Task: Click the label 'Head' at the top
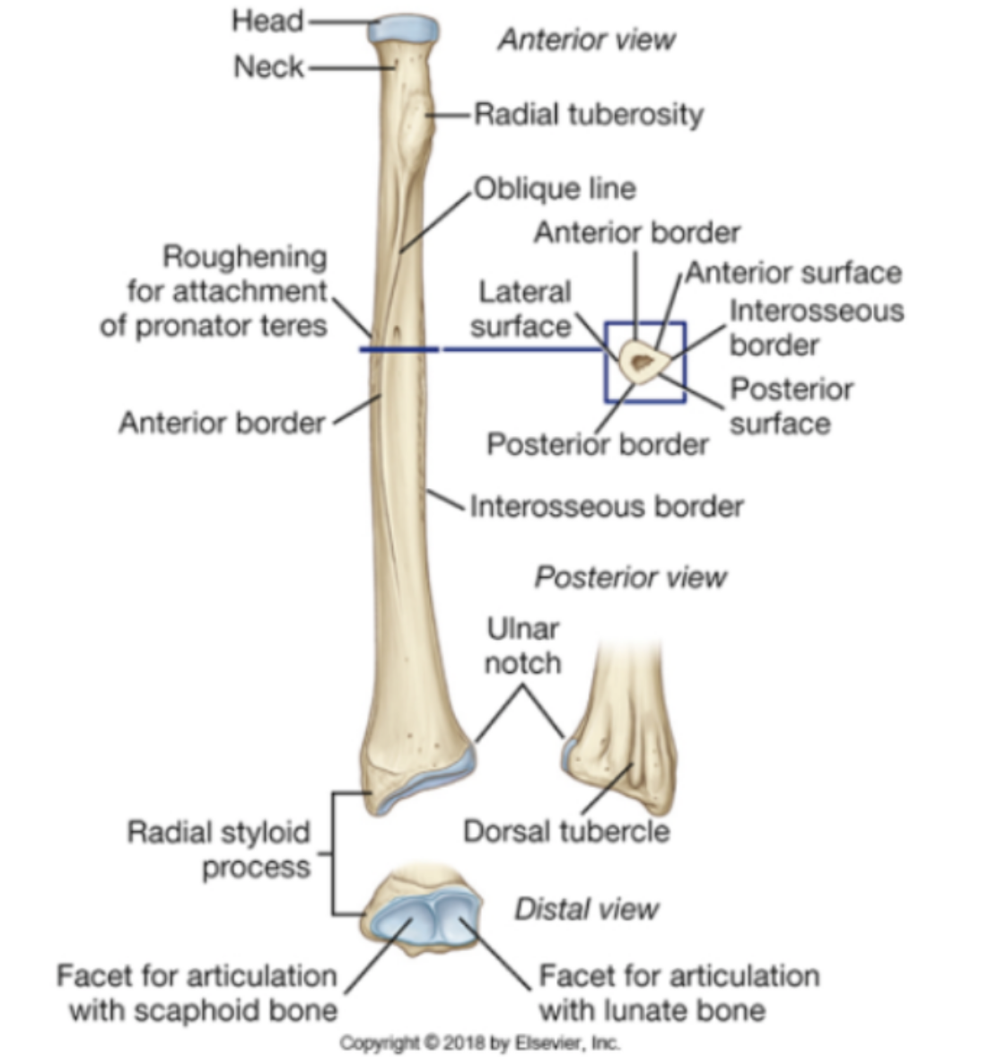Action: [267, 21]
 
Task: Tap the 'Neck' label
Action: [268, 66]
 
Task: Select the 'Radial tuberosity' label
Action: [588, 115]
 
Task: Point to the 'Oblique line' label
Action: [554, 188]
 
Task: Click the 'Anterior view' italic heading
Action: [586, 39]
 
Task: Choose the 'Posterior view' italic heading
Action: [630, 577]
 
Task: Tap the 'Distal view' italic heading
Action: [586, 909]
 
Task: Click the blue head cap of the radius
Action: [405, 28]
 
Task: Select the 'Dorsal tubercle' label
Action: [565, 831]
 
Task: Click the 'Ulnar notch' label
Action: [522, 646]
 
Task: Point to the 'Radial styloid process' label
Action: [218, 849]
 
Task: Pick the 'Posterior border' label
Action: [597, 444]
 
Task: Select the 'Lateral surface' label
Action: [521, 309]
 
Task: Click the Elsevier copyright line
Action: [479, 1043]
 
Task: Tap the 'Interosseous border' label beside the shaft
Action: [606, 506]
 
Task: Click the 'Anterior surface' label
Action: [793, 273]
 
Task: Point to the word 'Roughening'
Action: [244, 258]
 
